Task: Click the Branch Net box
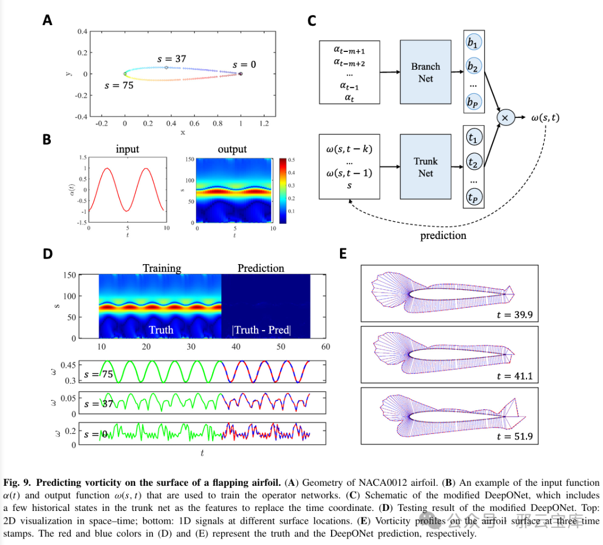(425, 72)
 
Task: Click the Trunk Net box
(425, 166)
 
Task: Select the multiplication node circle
(505, 118)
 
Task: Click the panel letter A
(47, 20)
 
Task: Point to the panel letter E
(344, 254)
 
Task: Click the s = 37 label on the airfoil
(172, 59)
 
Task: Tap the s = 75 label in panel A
(119, 86)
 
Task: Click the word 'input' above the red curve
(127, 149)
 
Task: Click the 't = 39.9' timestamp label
(514, 315)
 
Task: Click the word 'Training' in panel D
(162, 268)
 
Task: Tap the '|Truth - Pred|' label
(261, 330)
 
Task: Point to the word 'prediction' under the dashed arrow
(443, 236)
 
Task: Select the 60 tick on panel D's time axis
(326, 347)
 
